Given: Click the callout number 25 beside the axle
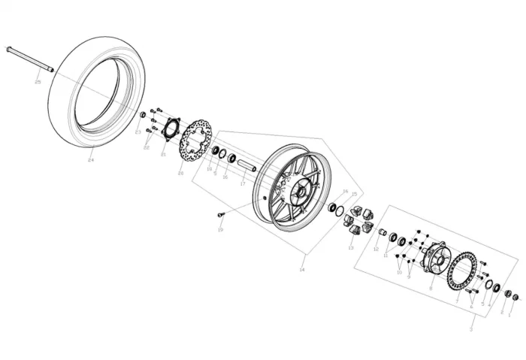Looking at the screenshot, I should tap(38, 81).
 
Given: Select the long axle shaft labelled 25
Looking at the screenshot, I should tap(29, 60).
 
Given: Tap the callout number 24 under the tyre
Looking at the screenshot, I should tap(91, 160).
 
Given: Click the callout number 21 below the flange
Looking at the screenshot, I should tap(163, 155).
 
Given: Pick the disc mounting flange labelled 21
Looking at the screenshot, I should tap(171, 128).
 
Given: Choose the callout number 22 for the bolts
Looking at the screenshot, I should tap(147, 148).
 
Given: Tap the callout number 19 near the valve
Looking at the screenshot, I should tap(221, 230).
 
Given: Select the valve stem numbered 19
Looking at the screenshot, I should tap(220, 215).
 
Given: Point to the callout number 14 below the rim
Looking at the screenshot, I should tap(303, 268).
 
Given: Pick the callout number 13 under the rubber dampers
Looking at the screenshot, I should tap(351, 247).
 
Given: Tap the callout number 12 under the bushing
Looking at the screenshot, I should tap(376, 249).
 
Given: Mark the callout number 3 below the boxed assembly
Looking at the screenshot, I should tap(471, 329).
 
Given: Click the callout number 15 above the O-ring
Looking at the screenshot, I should tap(354, 194).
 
